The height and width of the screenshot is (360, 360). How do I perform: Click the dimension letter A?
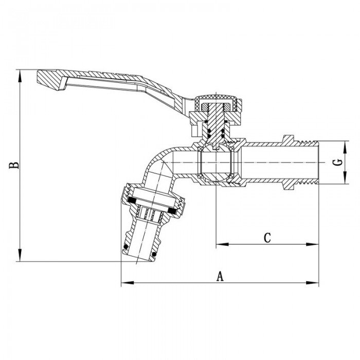(220, 276)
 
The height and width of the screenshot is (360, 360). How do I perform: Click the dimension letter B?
(15, 165)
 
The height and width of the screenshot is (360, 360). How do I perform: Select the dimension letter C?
(267, 238)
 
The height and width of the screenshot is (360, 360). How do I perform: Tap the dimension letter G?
(337, 162)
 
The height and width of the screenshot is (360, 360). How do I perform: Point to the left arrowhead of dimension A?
(124, 282)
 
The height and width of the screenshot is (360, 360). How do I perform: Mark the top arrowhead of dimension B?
(21, 75)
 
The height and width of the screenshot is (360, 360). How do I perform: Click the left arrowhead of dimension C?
(219, 244)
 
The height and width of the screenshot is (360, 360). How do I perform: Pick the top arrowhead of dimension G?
(344, 142)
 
